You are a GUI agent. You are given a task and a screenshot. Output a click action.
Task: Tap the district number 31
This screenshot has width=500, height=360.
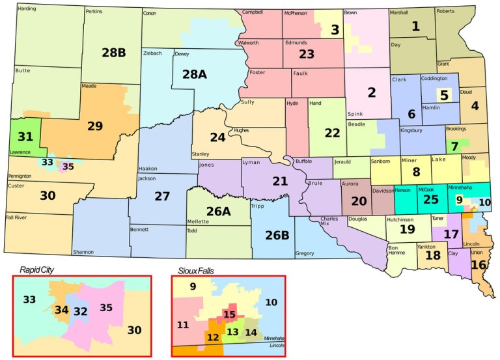point(25,137)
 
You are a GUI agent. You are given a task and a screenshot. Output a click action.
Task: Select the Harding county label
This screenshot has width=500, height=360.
point(27,8)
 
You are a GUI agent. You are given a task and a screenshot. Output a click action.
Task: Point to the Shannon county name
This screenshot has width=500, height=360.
point(83,252)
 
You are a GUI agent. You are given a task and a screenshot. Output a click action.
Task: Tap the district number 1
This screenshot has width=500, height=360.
point(415,27)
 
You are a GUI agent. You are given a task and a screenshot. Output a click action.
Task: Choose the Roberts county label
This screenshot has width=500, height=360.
point(445,11)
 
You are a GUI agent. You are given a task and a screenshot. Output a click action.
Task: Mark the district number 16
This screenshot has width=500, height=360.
point(479,265)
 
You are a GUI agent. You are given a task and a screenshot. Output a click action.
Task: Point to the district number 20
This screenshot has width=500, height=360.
point(359,201)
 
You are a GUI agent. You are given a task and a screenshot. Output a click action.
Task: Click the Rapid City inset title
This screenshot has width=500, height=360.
point(36,270)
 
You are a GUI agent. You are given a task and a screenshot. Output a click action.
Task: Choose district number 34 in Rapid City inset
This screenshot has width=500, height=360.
point(62,310)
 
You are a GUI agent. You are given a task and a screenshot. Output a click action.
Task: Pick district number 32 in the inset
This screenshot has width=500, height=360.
point(80,312)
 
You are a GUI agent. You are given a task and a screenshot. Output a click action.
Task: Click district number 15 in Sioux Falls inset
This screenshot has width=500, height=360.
point(229,315)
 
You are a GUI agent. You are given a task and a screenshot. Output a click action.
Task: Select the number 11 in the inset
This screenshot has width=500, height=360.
point(183,324)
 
